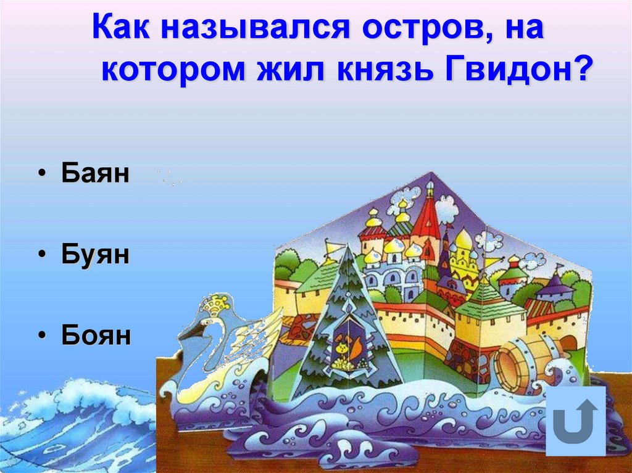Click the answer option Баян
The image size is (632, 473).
pos(95,174)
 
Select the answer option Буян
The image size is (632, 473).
pos(95,255)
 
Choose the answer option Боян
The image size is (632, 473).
pos(96,336)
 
